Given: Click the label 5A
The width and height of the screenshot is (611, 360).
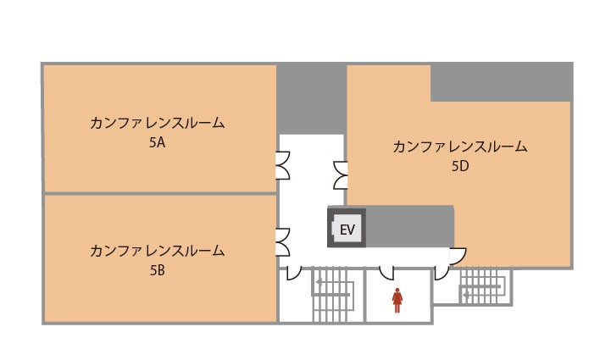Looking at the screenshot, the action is [x=157, y=142].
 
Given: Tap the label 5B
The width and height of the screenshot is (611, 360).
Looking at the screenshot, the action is [x=157, y=270].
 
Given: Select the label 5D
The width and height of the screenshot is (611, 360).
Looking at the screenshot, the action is [x=460, y=166].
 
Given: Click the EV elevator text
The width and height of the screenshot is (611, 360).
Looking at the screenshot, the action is [x=347, y=230].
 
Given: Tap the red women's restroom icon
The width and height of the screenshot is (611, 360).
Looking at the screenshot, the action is [x=397, y=300].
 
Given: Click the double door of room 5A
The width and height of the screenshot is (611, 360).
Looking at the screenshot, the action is [x=283, y=165].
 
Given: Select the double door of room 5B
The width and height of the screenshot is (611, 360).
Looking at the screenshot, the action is [x=283, y=242].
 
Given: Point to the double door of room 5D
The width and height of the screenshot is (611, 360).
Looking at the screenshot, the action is [x=340, y=175].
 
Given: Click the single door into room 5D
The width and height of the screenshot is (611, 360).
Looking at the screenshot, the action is [x=458, y=256].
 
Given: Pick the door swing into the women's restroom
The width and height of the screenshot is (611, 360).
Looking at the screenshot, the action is [x=386, y=273].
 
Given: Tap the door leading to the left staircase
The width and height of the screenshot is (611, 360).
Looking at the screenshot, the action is [x=294, y=273].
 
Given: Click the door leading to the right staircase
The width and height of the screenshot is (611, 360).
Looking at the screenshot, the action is [x=442, y=273].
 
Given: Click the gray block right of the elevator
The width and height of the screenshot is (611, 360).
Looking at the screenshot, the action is [x=409, y=226].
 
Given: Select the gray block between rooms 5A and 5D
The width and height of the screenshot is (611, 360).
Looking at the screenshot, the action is [x=311, y=99].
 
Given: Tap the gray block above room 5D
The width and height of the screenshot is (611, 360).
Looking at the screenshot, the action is [x=502, y=83].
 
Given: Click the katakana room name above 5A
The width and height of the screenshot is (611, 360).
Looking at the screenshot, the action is [x=157, y=123].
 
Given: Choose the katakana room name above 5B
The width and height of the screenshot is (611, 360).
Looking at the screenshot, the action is [x=157, y=251].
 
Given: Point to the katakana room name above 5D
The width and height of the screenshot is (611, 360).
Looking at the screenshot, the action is [x=460, y=147].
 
